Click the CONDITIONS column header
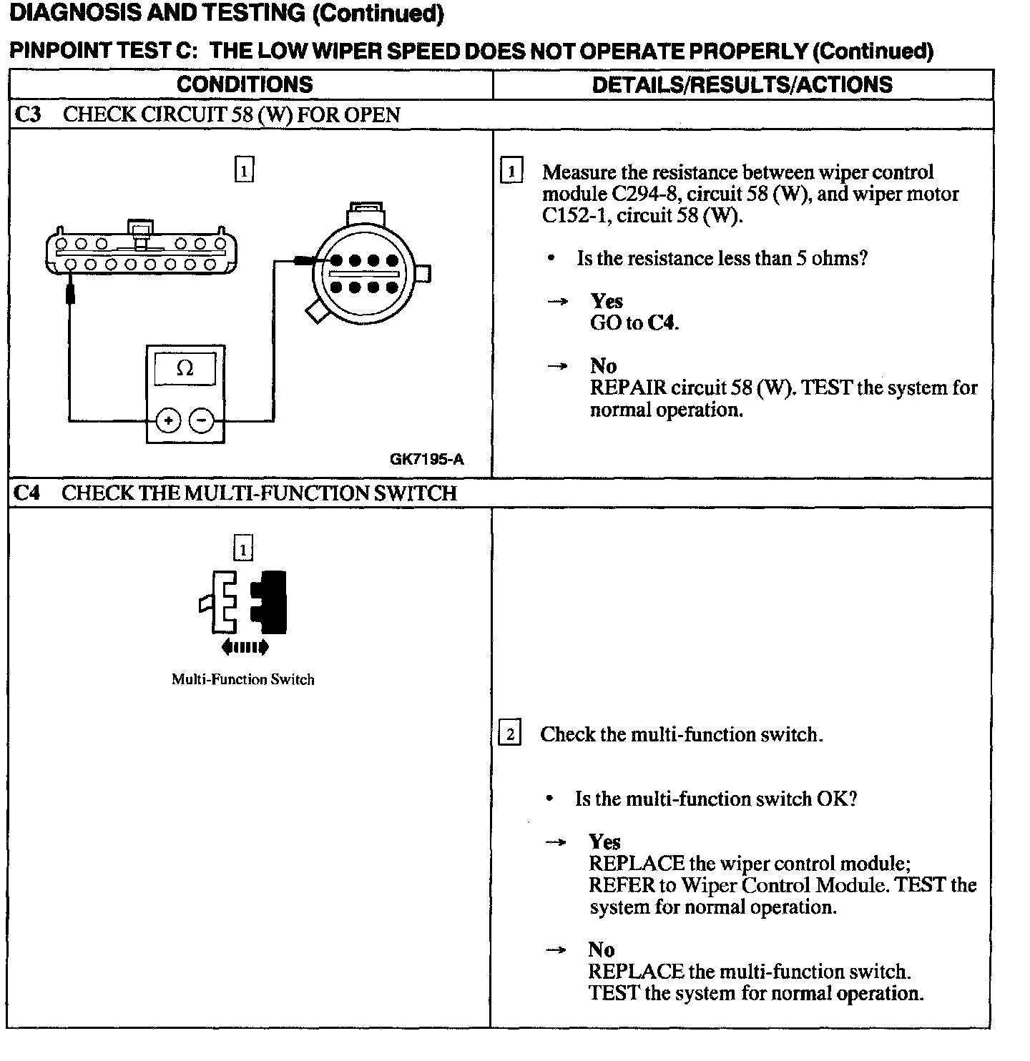coord(244,84)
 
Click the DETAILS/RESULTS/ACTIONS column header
coord(742,84)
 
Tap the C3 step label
coord(28,114)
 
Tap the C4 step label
coord(27,493)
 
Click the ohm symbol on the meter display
coord(185,368)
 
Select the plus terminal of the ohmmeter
coord(168,420)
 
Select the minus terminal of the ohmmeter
coord(202,420)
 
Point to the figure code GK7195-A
coord(426,459)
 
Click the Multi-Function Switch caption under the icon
coord(242,679)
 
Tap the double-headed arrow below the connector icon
coord(245,648)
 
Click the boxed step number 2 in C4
coord(509,734)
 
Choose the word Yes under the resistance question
coord(607,301)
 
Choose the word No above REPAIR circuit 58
coord(603,366)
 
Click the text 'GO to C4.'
coord(634,323)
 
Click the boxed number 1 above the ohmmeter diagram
coord(244,170)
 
